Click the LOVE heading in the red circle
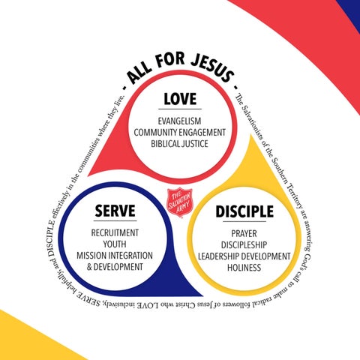click(x=180, y=99)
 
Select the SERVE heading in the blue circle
click(x=115, y=211)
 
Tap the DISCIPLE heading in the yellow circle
click(x=244, y=211)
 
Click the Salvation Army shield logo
click(x=180, y=202)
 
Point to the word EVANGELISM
click(x=179, y=121)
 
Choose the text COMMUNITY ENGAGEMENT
click(x=180, y=133)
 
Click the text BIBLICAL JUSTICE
click(x=179, y=144)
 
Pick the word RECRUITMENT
click(x=115, y=232)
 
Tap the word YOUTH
click(x=115, y=244)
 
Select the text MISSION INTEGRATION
click(x=115, y=256)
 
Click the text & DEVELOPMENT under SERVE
click(x=115, y=267)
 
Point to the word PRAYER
click(x=244, y=233)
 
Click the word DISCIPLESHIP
click(x=244, y=244)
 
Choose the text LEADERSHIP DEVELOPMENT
click(x=244, y=256)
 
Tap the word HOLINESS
click(x=244, y=268)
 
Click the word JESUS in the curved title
click(x=213, y=68)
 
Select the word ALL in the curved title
click(x=139, y=73)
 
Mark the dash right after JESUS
click(x=235, y=87)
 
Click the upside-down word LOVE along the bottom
click(x=147, y=305)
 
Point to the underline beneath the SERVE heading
click(x=115, y=220)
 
